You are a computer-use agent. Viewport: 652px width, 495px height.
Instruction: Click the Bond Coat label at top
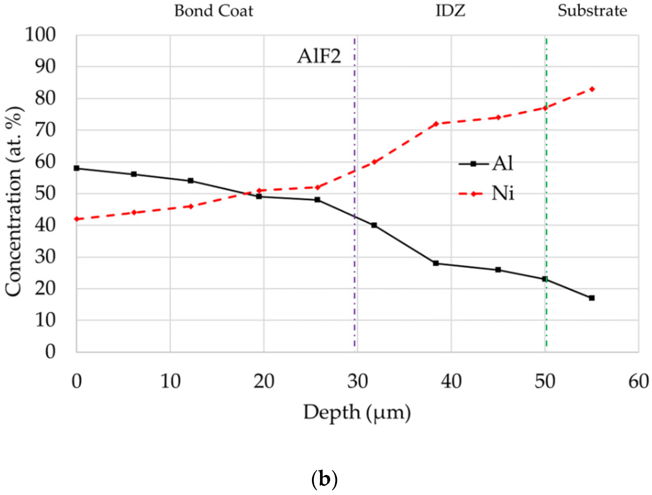click(214, 11)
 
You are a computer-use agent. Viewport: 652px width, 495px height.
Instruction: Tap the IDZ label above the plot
click(450, 11)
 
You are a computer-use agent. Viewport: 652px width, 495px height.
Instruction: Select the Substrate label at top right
click(592, 11)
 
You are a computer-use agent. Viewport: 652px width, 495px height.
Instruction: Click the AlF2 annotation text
click(319, 56)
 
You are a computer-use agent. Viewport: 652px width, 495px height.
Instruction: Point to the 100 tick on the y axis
click(40, 35)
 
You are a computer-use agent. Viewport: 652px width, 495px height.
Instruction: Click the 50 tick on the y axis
click(45, 194)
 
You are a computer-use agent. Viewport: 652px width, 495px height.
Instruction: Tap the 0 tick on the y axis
click(50, 351)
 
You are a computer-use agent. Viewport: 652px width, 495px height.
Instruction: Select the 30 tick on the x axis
click(357, 382)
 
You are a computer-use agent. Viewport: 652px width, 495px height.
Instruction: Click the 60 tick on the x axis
click(638, 382)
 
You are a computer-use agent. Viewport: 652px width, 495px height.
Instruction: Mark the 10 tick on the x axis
click(170, 382)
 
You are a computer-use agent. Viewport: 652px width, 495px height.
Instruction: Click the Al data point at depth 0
click(77, 168)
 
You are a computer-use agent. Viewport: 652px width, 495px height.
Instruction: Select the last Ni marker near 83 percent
click(592, 89)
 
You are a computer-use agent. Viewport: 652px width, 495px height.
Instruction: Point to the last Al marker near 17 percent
click(592, 298)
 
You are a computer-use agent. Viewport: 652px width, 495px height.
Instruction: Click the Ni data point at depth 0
click(77, 219)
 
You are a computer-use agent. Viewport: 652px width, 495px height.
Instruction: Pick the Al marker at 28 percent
click(436, 263)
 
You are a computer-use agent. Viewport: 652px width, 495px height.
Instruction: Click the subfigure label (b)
click(324, 479)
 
